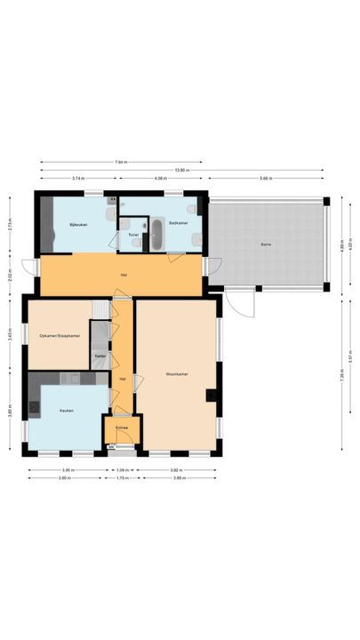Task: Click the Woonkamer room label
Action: [176, 374]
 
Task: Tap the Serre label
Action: [265, 242]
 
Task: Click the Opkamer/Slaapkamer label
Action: [60, 335]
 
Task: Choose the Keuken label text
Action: [66, 410]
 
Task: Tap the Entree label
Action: [122, 428]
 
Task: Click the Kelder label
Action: [100, 356]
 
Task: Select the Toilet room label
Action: [133, 235]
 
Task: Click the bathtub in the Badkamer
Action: [156, 235]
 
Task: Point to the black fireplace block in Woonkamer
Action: [212, 396]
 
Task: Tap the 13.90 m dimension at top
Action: [180, 170]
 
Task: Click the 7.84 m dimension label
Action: [120, 162]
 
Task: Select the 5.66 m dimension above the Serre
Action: [267, 179]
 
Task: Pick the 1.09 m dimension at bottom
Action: [122, 470]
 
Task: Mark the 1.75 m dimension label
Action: [122, 478]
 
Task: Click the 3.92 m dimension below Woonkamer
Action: [175, 470]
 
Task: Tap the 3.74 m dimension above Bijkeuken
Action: [77, 179]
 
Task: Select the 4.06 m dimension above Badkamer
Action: [161, 179]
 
